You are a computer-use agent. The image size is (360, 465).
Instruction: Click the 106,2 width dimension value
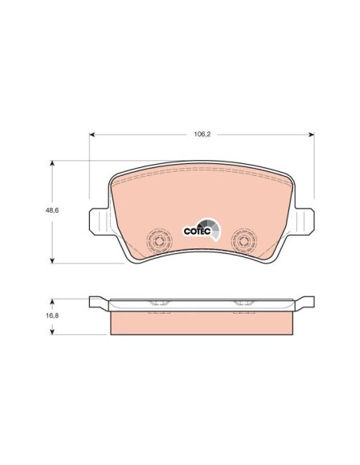(x=202, y=134)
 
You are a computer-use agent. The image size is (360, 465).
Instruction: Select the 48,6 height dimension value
(x=52, y=210)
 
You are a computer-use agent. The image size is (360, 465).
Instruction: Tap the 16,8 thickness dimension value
(x=52, y=315)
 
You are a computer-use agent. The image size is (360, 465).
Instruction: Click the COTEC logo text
(x=198, y=232)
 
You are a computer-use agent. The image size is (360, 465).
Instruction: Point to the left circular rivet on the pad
(x=159, y=240)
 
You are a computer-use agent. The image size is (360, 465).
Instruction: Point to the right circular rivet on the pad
(x=244, y=240)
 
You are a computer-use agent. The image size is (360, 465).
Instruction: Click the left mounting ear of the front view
(x=100, y=221)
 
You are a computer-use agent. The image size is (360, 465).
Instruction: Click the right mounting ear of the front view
(x=304, y=221)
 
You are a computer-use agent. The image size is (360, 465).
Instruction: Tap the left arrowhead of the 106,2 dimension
(x=92, y=135)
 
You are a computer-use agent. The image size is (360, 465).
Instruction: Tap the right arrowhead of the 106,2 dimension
(x=311, y=135)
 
